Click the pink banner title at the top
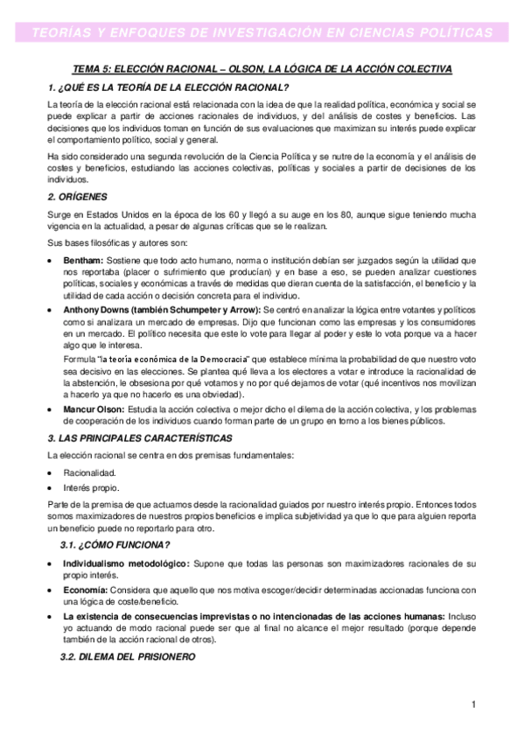click(262, 32)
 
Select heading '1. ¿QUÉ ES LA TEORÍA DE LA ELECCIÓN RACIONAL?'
click(168, 87)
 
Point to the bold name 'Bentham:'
click(83, 262)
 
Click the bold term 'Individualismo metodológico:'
click(126, 564)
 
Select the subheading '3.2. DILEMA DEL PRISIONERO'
click(127, 657)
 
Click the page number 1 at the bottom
click(473, 705)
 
